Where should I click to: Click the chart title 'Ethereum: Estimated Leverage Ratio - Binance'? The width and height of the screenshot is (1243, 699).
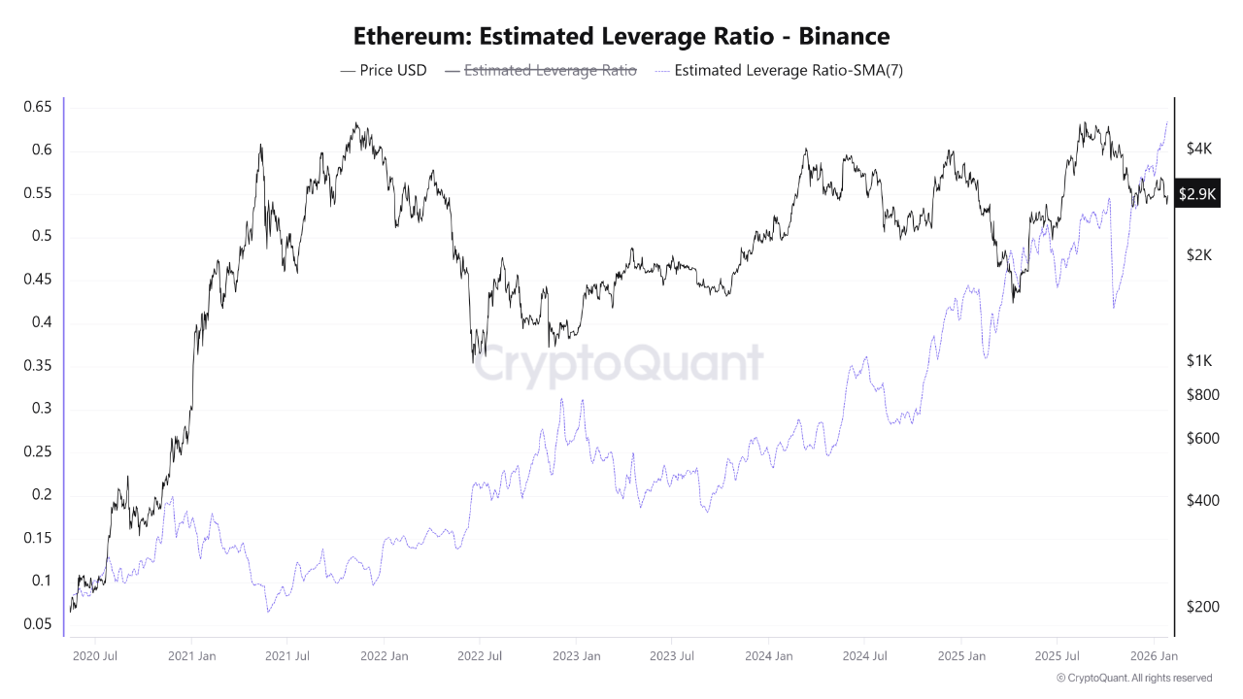coord(621,37)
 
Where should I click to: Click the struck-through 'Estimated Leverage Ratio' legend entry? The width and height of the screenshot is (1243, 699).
coord(541,70)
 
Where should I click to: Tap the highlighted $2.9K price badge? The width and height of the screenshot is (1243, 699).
coord(1196,194)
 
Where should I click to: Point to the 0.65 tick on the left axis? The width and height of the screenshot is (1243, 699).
coord(37,107)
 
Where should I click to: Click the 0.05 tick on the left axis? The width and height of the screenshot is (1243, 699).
coord(37,624)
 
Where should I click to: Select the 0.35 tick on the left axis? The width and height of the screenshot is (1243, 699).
coord(37,366)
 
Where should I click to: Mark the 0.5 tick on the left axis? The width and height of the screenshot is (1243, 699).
coord(40,236)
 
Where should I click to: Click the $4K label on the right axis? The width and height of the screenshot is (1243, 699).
coord(1199,149)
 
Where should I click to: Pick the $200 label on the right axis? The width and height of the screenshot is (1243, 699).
coord(1202,607)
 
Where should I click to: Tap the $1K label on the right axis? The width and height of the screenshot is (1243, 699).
coord(1199,360)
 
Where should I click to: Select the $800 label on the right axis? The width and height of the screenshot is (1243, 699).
coord(1202,395)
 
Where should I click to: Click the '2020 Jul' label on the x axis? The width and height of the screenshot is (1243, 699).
coord(95,656)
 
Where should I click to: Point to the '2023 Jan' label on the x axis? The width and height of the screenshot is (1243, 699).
coord(577,656)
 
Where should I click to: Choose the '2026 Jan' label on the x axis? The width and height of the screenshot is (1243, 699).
coord(1155,656)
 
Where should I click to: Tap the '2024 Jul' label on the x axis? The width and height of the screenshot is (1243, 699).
coord(866,656)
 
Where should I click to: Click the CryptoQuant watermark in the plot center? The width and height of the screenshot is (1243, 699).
coord(621,364)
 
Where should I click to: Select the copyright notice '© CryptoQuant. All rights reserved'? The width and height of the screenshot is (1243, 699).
coord(1133,678)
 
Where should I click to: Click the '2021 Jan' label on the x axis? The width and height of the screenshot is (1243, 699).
coord(191,656)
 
